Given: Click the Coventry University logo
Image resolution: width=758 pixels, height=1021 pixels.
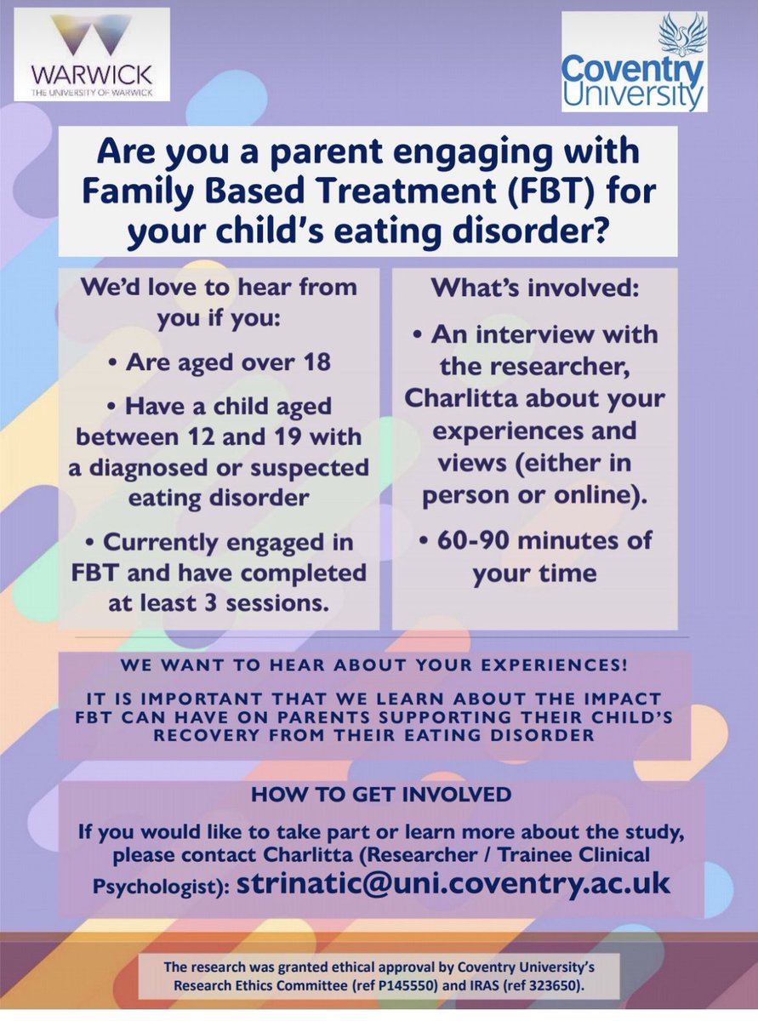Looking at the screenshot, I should click(634, 62).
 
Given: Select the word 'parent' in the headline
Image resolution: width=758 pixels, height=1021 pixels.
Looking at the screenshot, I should click(321, 152).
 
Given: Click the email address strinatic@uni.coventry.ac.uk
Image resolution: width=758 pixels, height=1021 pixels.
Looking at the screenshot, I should click(453, 882).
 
